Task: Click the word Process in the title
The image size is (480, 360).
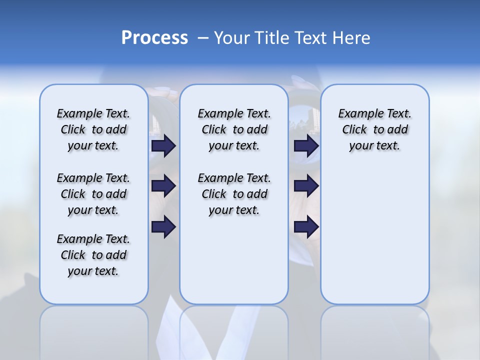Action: [x=154, y=37]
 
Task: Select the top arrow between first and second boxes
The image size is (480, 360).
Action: [x=163, y=145]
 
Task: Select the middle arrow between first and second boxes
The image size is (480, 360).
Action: [x=163, y=186]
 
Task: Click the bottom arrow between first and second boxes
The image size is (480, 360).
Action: [x=163, y=227]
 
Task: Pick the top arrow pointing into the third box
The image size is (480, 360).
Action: [x=306, y=145]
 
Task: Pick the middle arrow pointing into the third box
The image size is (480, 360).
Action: [x=306, y=186]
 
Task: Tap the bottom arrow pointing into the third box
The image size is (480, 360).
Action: [x=306, y=227]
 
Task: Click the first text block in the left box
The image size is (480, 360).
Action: [x=93, y=129]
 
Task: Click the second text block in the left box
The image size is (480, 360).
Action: [x=93, y=194]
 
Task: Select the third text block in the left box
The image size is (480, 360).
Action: [x=93, y=255]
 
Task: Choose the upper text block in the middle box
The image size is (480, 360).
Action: [x=234, y=129]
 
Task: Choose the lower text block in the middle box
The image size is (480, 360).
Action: [x=234, y=194]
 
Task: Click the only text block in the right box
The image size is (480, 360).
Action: [x=374, y=129]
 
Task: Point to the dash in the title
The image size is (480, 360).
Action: [x=203, y=38]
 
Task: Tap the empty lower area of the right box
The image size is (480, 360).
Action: [x=374, y=240]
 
